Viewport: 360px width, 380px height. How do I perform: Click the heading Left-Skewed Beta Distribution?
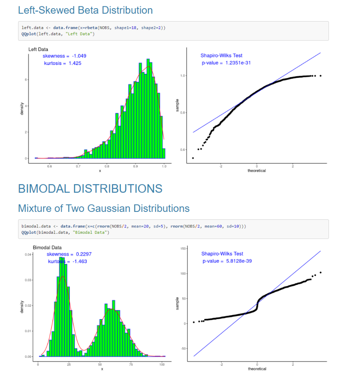click(x=85, y=10)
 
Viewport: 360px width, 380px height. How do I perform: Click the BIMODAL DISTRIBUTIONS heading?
click(x=90, y=189)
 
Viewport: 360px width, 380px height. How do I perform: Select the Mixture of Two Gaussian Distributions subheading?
click(x=104, y=208)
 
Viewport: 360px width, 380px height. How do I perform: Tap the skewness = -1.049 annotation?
click(x=65, y=56)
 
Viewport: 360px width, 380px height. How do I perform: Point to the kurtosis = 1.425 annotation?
click(x=63, y=63)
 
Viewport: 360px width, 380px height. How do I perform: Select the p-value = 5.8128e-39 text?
click(x=227, y=261)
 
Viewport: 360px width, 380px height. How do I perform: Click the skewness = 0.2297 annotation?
click(x=69, y=254)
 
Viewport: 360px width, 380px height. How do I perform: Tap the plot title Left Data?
click(x=38, y=49)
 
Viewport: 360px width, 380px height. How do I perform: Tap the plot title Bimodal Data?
click(x=47, y=247)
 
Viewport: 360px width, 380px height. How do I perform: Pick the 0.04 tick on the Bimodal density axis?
click(x=28, y=255)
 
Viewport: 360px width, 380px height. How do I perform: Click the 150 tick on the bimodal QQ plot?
click(x=182, y=248)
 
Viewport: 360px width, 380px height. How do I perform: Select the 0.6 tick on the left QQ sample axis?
click(x=182, y=150)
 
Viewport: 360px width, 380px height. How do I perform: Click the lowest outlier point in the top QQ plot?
click(x=193, y=158)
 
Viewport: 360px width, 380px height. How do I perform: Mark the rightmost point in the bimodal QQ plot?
click(x=320, y=272)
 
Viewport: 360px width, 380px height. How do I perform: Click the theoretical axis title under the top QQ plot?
click(x=257, y=171)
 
